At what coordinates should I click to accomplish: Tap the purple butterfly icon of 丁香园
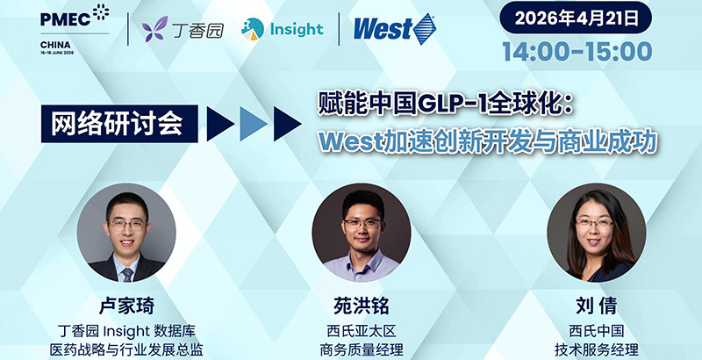pos(156,29)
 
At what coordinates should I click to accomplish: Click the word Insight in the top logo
pos(296,29)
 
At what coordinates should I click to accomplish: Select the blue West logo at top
pos(393,29)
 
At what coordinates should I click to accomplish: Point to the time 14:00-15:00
pos(577,51)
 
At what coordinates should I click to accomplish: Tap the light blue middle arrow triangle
pos(251,124)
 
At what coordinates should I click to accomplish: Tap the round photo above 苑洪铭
pos(362,233)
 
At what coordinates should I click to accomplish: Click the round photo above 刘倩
pos(596,233)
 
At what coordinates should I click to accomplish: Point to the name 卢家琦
pos(127,306)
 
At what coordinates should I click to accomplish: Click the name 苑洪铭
pos(362,306)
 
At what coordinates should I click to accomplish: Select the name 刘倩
pos(596,306)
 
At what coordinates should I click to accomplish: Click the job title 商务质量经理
pos(362,349)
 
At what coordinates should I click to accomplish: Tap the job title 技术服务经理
pos(596,349)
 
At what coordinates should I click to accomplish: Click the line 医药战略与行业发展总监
pos(127,349)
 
